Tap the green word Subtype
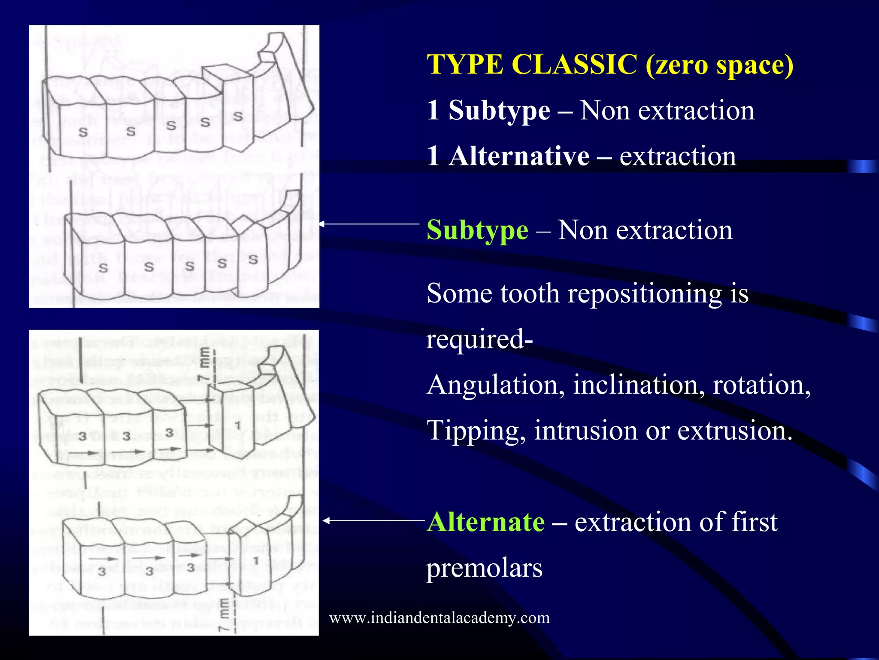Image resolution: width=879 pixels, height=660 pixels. pos(477,231)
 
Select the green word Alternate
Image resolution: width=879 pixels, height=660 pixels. pos(486,522)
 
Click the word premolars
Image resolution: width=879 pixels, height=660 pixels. pos(484,568)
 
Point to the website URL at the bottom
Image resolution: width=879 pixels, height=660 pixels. pos(439,618)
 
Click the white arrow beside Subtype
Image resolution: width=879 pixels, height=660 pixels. pos(369,224)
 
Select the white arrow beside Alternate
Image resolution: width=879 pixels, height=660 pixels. pos(373,521)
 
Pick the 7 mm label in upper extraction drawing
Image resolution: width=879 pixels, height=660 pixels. pos(205,365)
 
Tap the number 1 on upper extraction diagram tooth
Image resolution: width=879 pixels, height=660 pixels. pos(237,425)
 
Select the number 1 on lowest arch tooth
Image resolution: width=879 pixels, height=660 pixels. pos(256,561)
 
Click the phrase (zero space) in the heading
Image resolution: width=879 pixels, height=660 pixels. pos(719,65)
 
